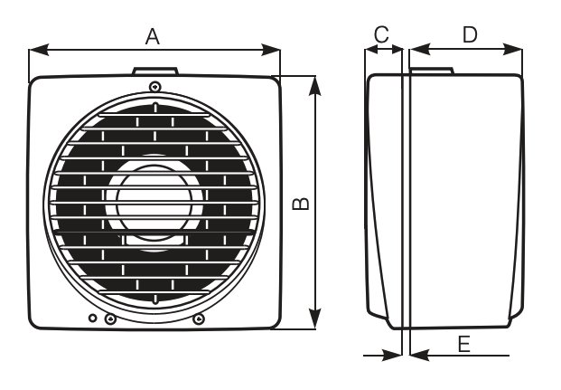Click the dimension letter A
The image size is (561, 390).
coord(153,36)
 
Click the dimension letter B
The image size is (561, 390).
coord(301,204)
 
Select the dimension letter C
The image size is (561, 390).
coord(381,34)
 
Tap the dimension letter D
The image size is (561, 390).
coord(470,34)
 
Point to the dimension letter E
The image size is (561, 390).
coord(464,345)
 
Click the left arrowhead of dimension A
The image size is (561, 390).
coord(39,50)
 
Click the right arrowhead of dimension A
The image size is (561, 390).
coord(270,50)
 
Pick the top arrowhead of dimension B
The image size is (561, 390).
coord(314,86)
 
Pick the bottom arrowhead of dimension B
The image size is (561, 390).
coord(314,319)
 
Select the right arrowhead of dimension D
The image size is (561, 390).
coord(513,50)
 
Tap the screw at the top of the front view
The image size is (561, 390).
coord(154,86)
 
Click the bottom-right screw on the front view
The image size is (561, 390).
coord(199,319)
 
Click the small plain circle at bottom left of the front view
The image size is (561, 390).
coord(93,318)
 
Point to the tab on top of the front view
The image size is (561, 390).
coord(155,71)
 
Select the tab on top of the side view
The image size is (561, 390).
coord(432,71)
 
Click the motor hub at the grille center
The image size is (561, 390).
coord(154,203)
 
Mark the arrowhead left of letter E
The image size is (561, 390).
coord(419,356)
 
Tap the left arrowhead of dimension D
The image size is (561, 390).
coord(420,50)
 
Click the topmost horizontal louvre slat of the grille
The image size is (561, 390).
coord(154,115)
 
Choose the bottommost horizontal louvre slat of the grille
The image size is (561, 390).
coord(154,292)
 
